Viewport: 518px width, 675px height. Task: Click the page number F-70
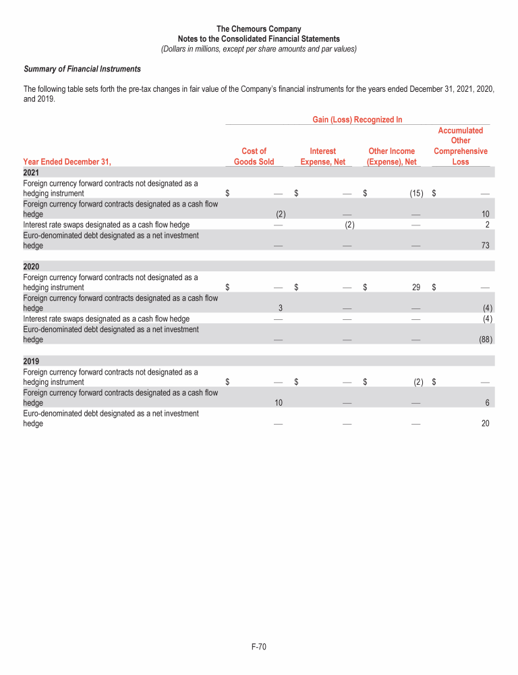click(x=259, y=647)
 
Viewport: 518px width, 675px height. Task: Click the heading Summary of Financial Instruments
click(x=82, y=69)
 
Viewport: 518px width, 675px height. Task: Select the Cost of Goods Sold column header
click(x=254, y=157)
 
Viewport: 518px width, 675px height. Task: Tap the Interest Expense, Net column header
click(x=322, y=157)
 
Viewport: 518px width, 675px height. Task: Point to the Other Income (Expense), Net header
click(x=392, y=157)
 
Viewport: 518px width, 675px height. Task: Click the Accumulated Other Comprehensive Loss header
click(x=461, y=146)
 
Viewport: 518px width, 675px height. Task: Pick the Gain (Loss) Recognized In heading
click(x=357, y=119)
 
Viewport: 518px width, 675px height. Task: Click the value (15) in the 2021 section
click(x=415, y=194)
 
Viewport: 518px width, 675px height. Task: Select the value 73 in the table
click(x=484, y=246)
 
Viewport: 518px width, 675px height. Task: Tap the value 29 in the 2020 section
click(x=416, y=288)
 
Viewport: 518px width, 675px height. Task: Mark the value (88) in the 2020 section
click(x=483, y=340)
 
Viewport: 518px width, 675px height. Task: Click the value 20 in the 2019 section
click(x=484, y=423)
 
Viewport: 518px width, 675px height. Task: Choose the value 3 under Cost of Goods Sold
click(x=279, y=308)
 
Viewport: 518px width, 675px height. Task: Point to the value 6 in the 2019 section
click(x=486, y=402)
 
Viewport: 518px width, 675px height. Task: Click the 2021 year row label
click(x=31, y=172)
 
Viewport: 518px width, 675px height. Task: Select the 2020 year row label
click(x=31, y=266)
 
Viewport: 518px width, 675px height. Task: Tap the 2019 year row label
click(x=31, y=360)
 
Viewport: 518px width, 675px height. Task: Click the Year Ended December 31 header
click(x=66, y=161)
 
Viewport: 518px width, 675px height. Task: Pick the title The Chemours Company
click(x=259, y=29)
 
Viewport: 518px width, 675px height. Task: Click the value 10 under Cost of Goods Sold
click(x=278, y=402)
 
